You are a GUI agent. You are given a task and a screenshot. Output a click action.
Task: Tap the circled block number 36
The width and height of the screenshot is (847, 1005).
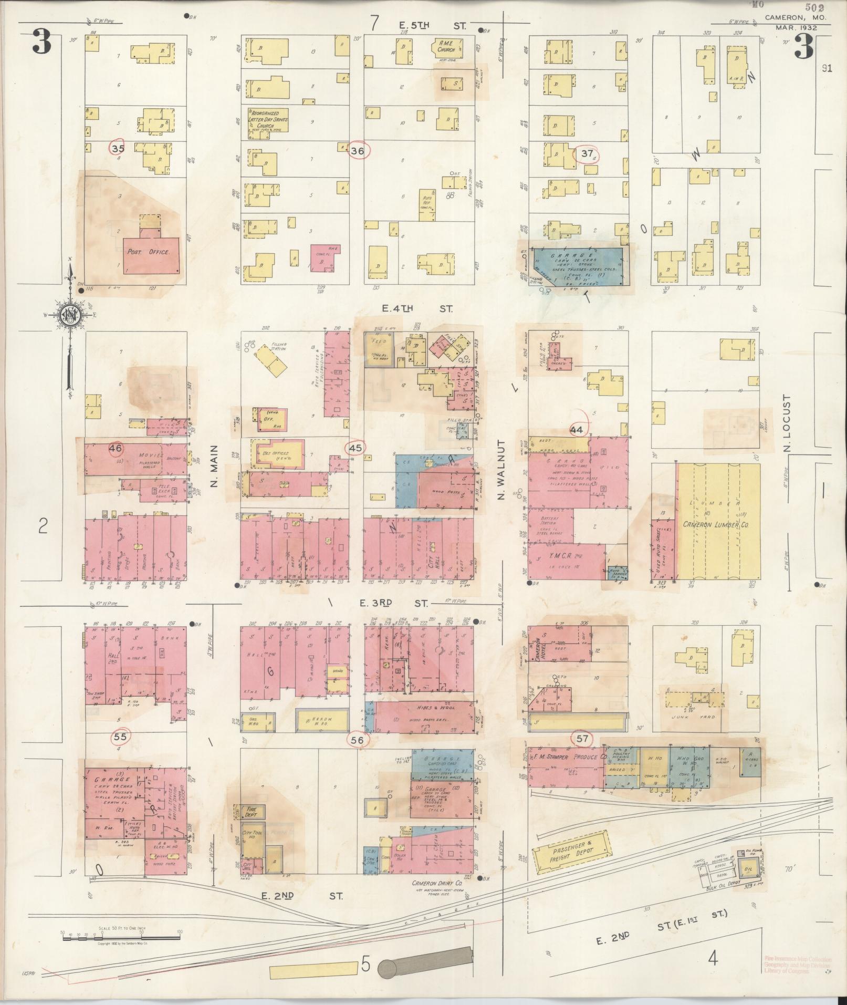[x=358, y=151]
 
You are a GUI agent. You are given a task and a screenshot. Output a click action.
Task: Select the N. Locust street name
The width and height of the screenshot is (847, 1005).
[x=786, y=423]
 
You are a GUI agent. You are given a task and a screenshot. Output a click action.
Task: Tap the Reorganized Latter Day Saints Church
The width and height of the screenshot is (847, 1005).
[x=268, y=120]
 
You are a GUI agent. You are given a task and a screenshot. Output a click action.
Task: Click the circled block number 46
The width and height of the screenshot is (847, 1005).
[x=116, y=448]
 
